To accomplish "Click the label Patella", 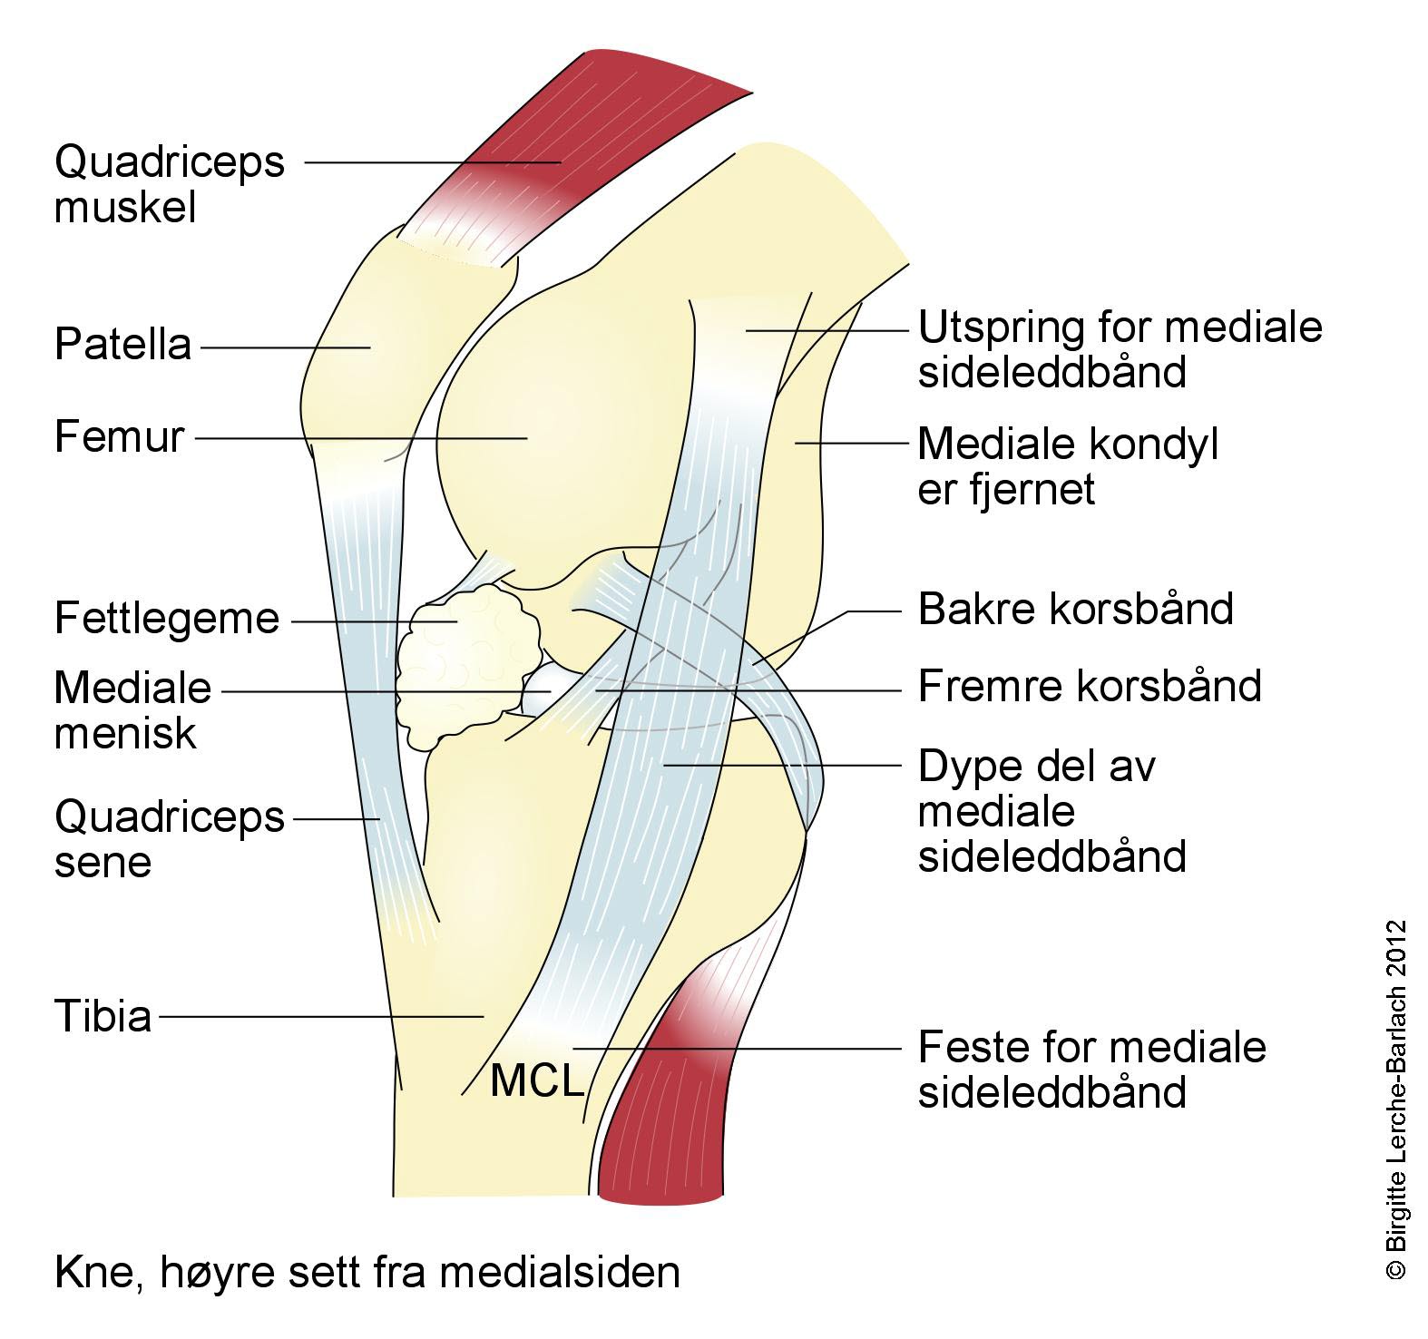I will (x=123, y=346).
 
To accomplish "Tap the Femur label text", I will (x=119, y=437).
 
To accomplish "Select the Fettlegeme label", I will (x=167, y=620).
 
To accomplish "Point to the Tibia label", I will (x=103, y=1016).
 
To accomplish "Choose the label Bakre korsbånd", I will (x=1075, y=610).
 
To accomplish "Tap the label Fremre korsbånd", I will (x=1089, y=687).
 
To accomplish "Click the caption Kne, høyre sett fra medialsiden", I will (x=367, y=1272).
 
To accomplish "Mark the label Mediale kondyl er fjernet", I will (x=1067, y=466).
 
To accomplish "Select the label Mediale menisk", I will (x=132, y=710).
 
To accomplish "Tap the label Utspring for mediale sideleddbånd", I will (x=1120, y=349).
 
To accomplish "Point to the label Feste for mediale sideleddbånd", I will (x=1091, y=1070).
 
